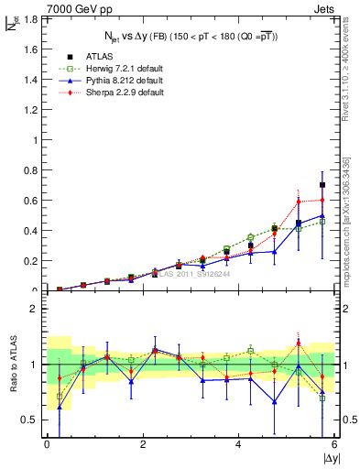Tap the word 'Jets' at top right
324,8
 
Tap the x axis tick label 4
238,445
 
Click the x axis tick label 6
334,445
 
